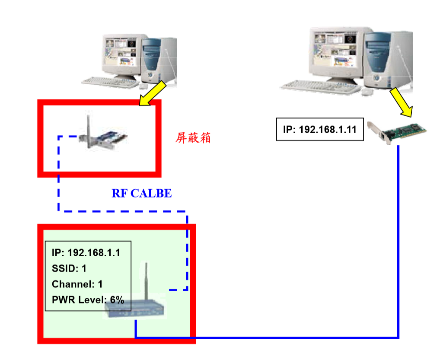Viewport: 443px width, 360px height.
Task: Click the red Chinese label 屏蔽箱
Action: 193,138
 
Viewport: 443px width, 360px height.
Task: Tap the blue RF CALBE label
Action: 142,194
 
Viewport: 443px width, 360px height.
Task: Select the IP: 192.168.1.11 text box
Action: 320,129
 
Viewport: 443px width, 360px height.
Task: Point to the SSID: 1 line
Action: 69,268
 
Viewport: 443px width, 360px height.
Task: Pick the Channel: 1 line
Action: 77,284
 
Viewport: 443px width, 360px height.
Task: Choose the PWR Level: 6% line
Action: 88,299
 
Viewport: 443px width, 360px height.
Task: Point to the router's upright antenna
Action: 146,281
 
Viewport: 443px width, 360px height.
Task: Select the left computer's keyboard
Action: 109,82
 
